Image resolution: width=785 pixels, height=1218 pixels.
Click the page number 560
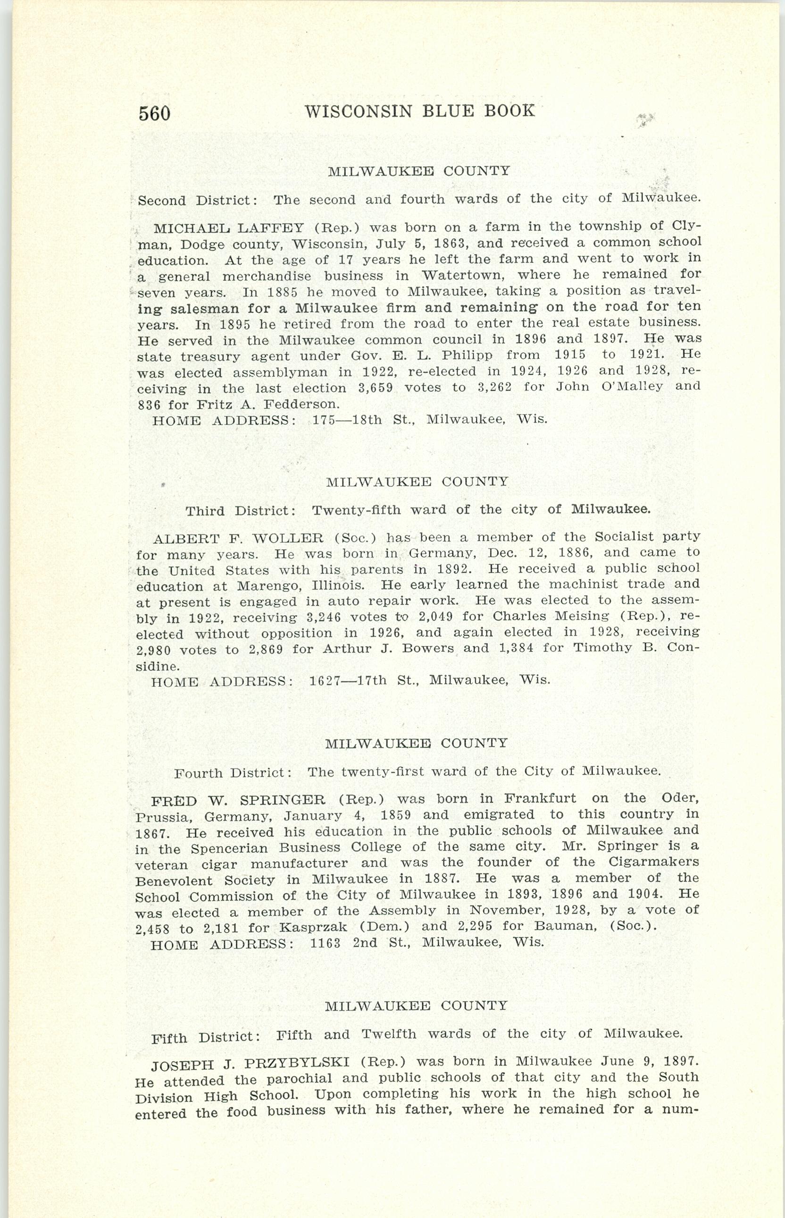(154, 113)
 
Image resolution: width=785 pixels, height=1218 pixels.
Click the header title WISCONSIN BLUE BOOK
(419, 110)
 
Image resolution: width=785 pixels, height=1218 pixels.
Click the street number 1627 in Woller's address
(325, 680)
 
